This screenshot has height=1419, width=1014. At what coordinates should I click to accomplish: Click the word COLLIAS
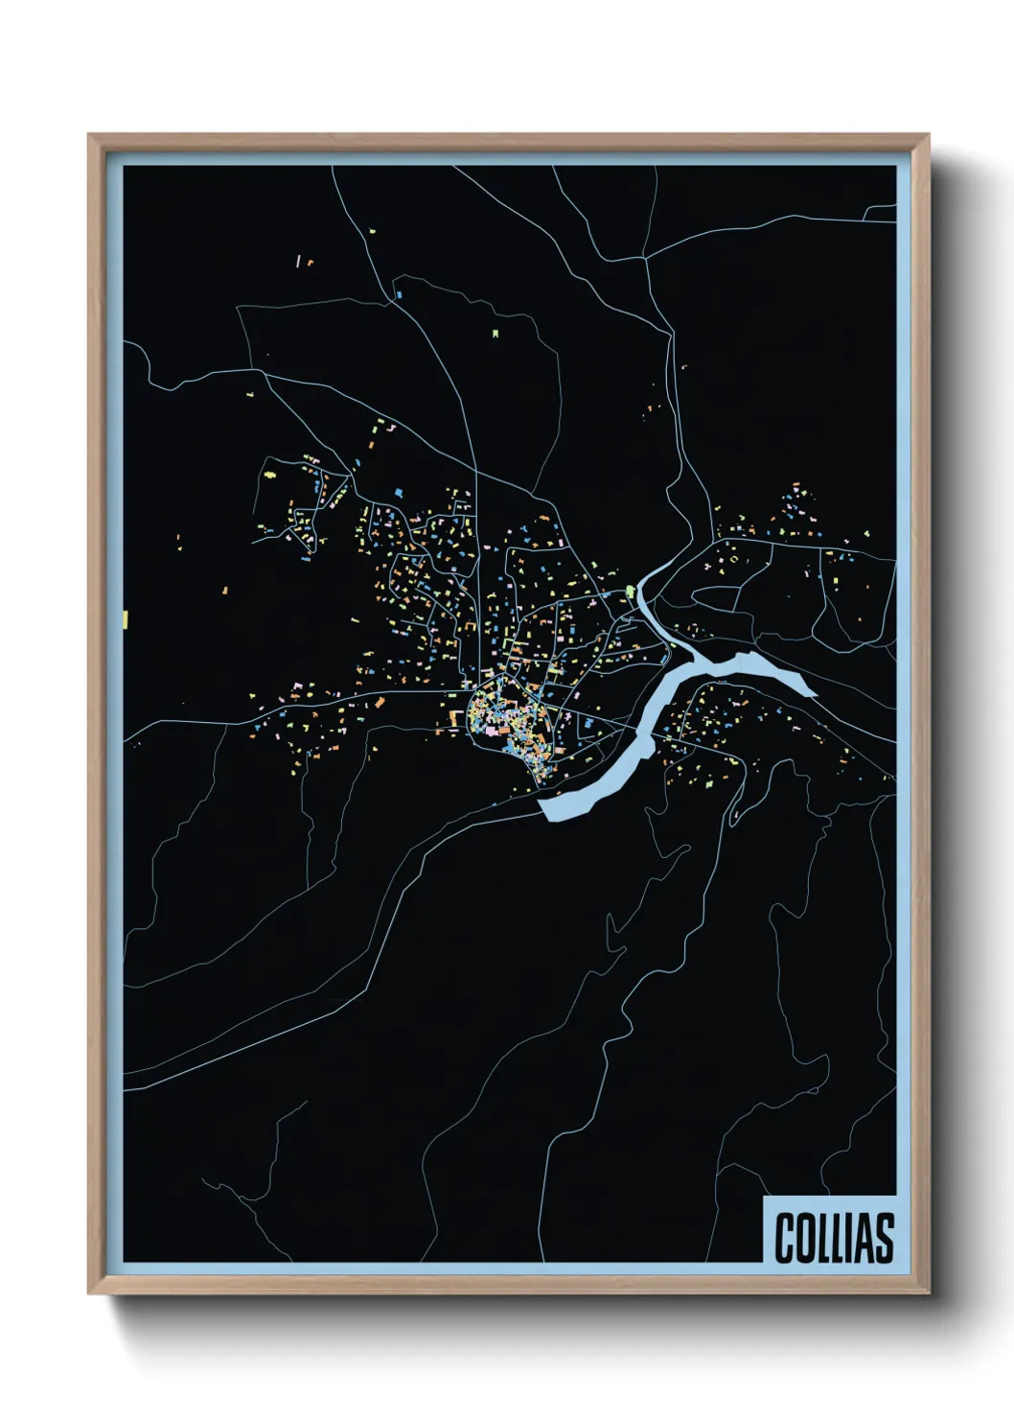[834, 1238]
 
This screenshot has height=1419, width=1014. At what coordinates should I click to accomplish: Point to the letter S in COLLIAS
[884, 1238]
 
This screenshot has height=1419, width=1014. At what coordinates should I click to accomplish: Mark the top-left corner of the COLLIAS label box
[764, 1197]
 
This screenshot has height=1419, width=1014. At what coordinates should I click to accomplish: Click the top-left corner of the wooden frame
[89, 135]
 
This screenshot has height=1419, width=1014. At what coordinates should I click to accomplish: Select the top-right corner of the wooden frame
[929, 135]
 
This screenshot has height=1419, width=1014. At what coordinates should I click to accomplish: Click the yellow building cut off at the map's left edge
[126, 619]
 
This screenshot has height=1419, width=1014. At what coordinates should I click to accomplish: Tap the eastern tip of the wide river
[815, 693]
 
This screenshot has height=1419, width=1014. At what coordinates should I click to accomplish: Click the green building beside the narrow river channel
[630, 591]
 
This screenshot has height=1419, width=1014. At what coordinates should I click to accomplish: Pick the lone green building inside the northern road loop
[495, 334]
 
